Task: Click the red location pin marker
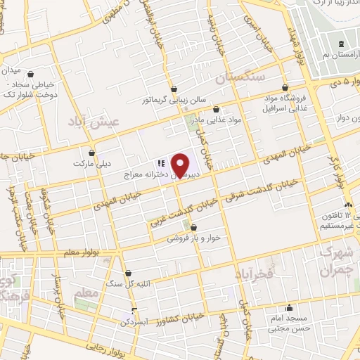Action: coord(181,165)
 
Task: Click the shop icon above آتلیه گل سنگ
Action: coord(128,274)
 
